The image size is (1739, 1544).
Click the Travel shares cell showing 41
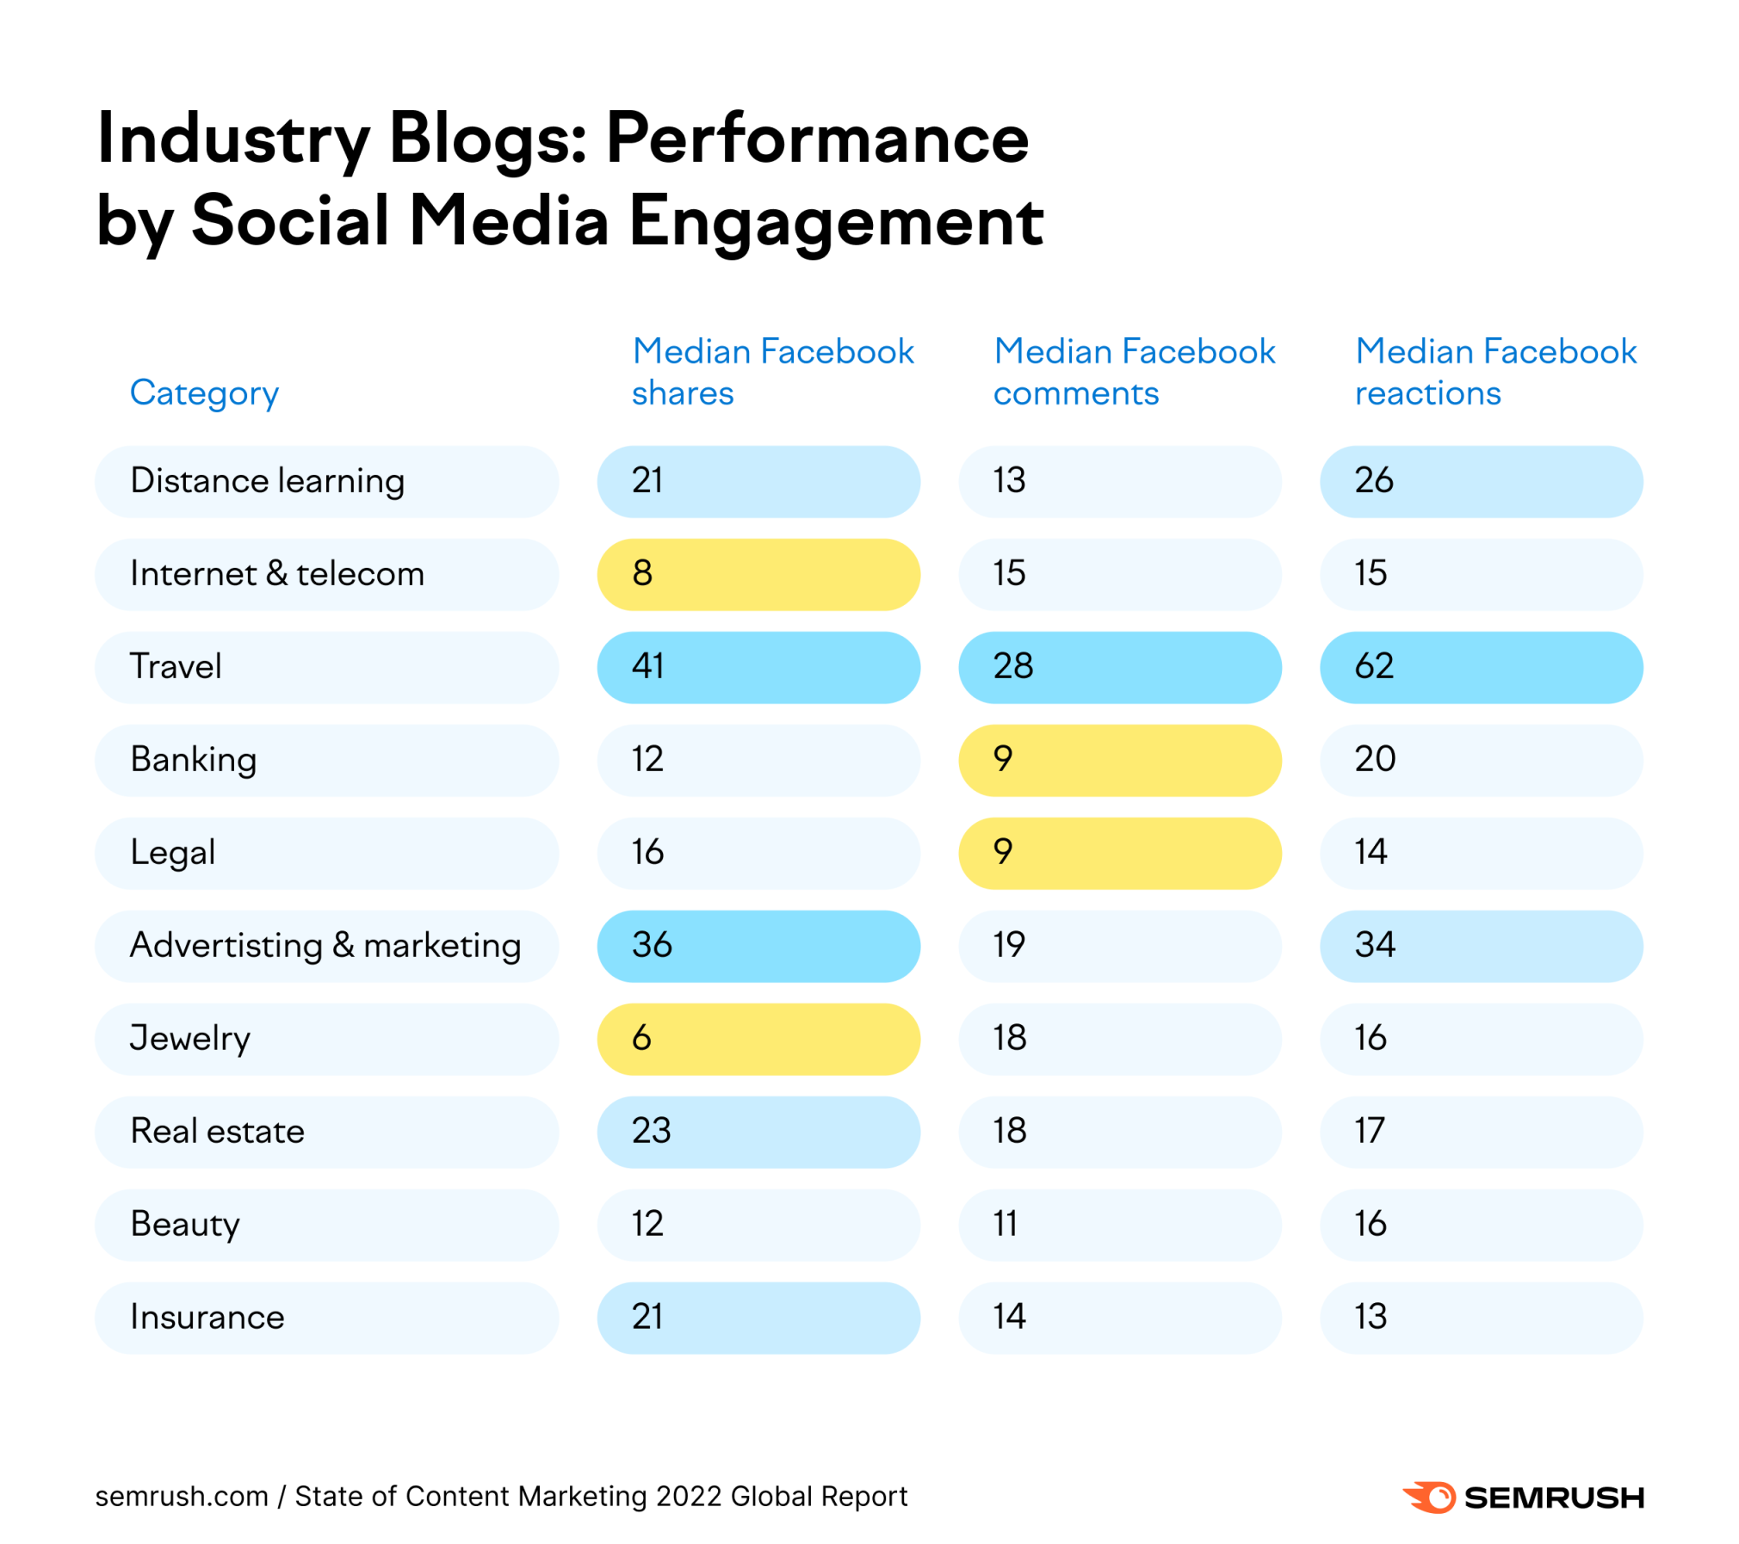[758, 667]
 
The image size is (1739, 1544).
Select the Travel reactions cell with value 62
[1480, 667]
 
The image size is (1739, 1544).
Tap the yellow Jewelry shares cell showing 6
[758, 1039]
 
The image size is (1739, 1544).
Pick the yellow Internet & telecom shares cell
[758, 574]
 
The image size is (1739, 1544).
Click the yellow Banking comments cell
[1119, 760]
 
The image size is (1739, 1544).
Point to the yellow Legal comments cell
[1119, 853]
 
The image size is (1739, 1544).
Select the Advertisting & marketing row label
[325, 946]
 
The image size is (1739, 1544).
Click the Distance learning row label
[267, 481]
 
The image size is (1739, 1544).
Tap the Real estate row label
[217, 1132]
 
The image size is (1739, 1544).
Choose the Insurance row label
[207, 1318]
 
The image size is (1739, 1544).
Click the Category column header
[204, 393]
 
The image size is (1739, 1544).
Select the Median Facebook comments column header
[1133, 372]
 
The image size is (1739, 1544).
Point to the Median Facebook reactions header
[1495, 372]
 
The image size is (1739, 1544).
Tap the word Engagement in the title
[835, 222]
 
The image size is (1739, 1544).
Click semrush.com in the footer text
[182, 1497]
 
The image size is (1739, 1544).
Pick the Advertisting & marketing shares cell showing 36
[758, 946]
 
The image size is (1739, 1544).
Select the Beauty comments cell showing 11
[1119, 1225]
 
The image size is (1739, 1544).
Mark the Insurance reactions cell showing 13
[1480, 1318]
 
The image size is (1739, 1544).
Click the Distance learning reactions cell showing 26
[1480, 481]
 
